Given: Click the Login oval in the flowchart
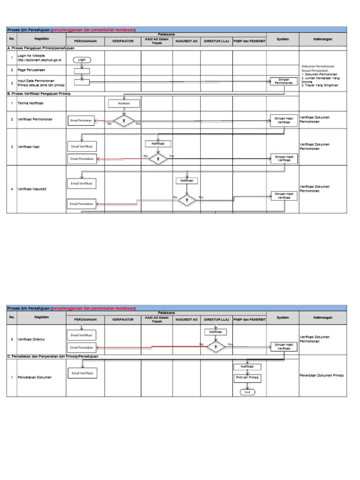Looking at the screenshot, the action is coord(82,60).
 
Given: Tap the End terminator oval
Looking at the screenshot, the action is coord(247,392).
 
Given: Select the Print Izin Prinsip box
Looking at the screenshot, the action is coord(247,377).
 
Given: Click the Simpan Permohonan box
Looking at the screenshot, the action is coord(284,81).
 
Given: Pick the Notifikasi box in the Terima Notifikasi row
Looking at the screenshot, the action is coord(124,103).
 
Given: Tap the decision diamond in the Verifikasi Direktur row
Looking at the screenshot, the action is coord(216,347).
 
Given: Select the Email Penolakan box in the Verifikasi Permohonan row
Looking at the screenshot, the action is coord(81,120).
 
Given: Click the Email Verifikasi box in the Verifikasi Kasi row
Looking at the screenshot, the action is coord(82,147).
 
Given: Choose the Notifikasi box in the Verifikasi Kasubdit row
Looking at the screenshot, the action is coord(187,180).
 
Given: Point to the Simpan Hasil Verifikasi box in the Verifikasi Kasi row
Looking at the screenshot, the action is coord(284,158).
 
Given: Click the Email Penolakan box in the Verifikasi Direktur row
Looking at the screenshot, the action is coord(82,347).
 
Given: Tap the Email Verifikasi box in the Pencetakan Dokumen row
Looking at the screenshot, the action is coord(82,373).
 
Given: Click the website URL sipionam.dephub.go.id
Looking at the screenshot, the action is coord(39,60).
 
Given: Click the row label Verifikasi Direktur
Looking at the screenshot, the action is coord(31,339).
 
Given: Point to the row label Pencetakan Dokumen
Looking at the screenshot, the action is coord(35,377).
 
